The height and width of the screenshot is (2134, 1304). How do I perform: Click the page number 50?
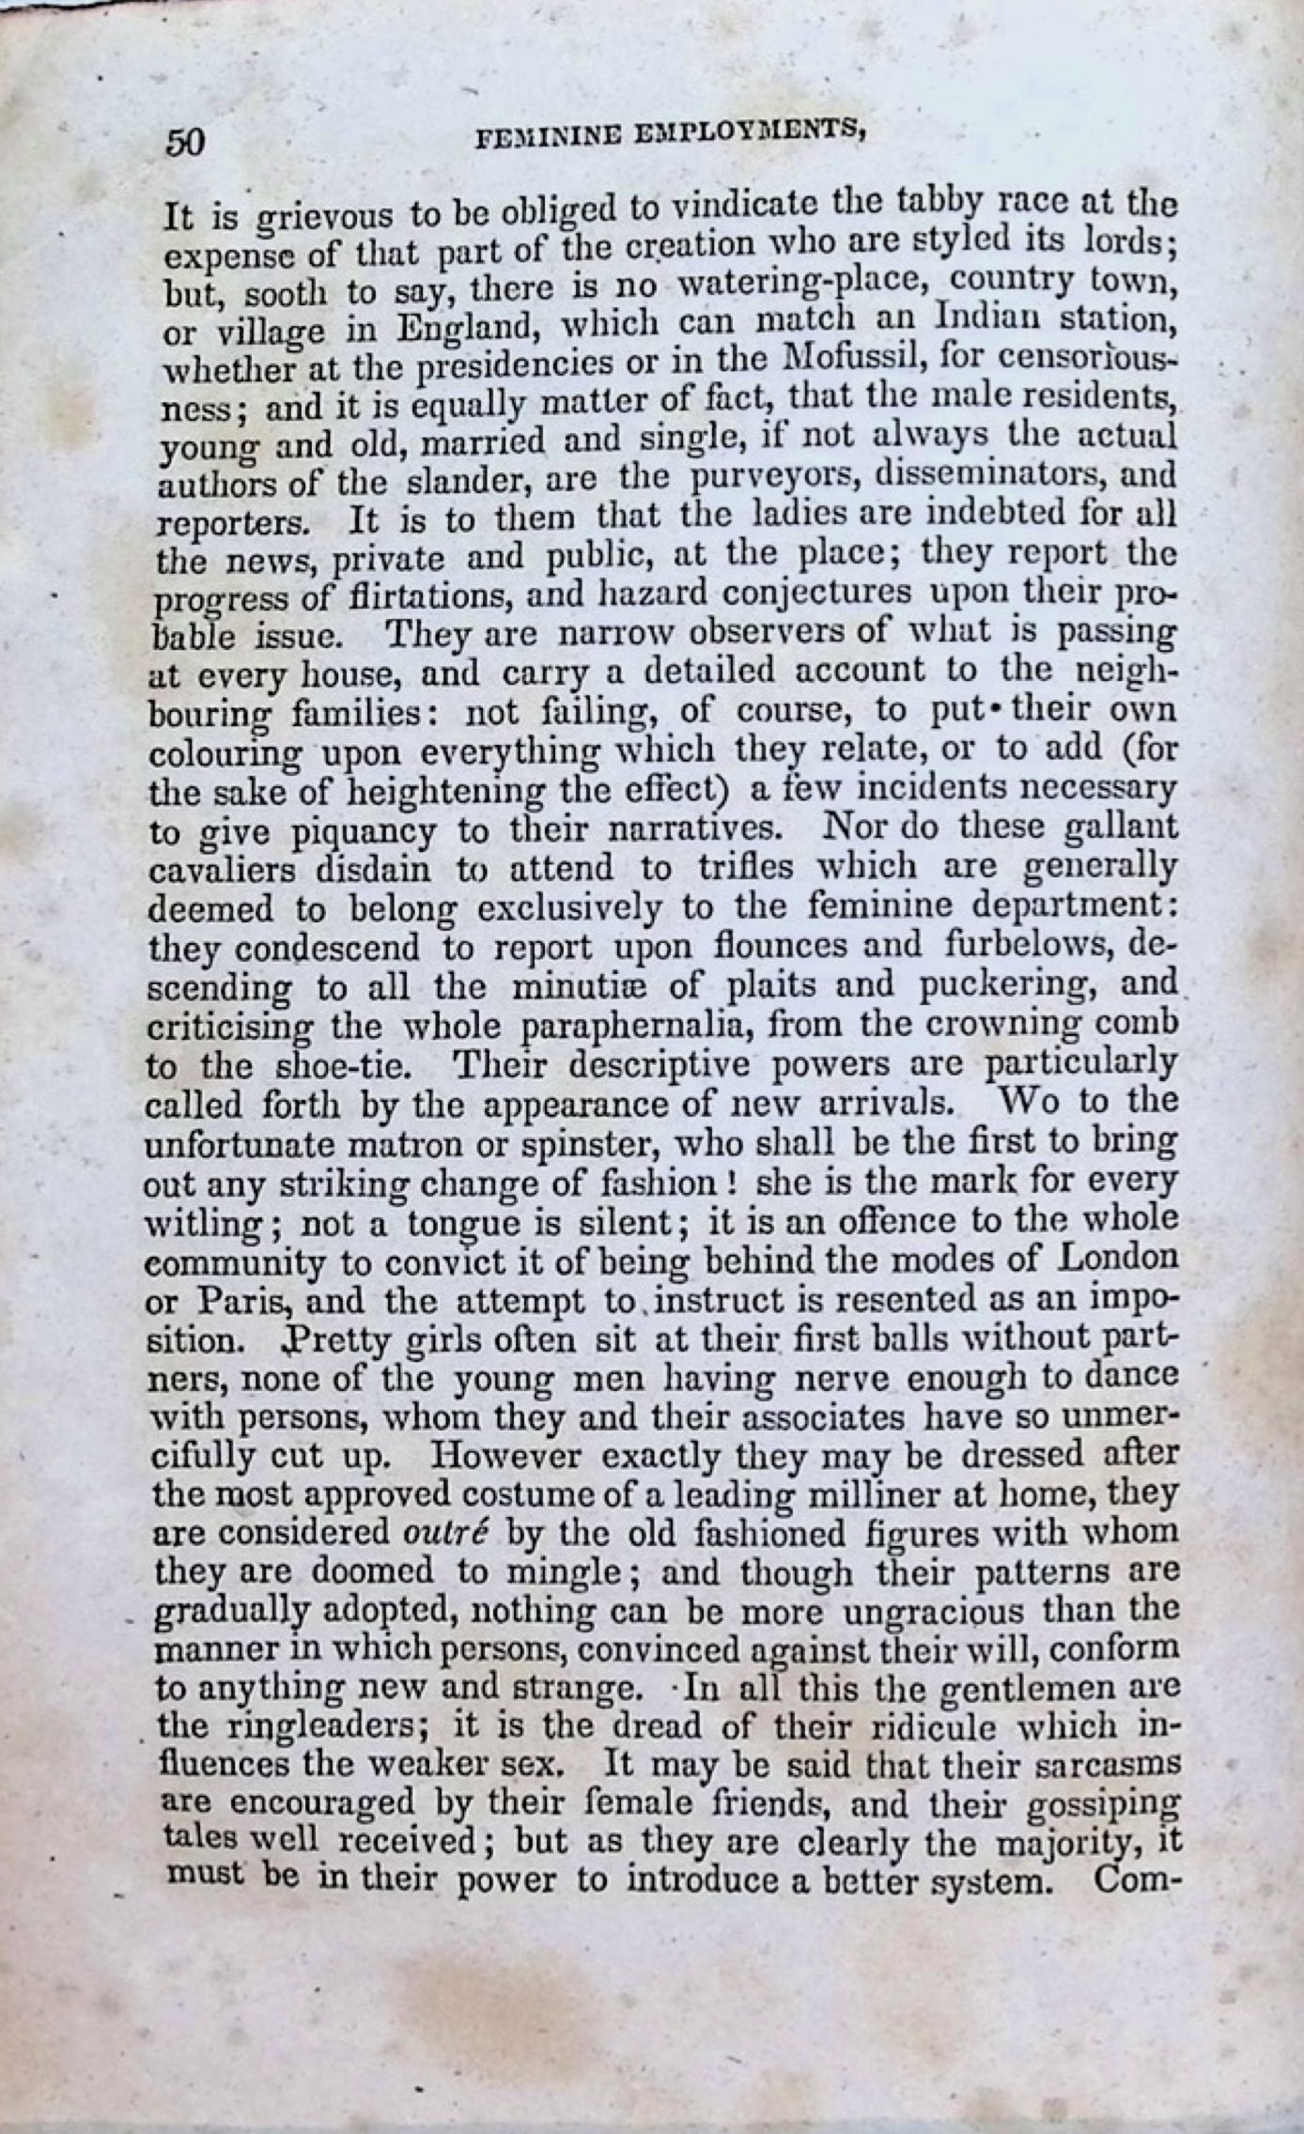click(186, 141)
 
